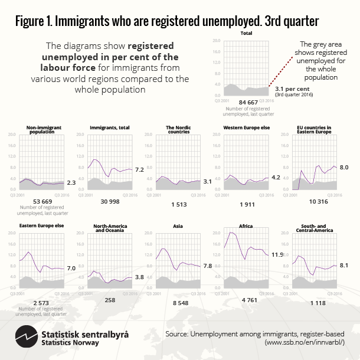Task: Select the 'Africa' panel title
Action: coord(246,225)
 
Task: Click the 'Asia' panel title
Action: coord(178,225)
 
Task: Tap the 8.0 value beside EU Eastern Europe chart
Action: coord(344,168)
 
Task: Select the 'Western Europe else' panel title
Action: coord(246,127)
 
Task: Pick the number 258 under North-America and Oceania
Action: coord(109,300)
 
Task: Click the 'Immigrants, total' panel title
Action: coord(110,127)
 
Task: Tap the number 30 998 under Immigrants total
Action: coord(109,202)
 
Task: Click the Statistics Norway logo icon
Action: coord(25,338)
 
